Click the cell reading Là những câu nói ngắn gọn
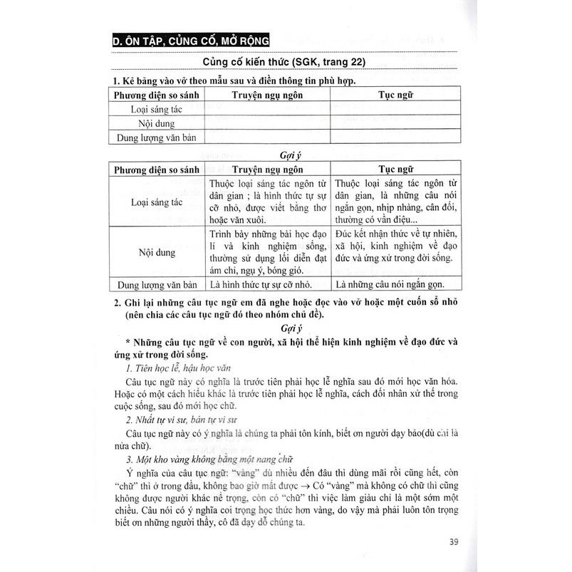(x=390, y=286)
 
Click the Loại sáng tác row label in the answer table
(x=157, y=202)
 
